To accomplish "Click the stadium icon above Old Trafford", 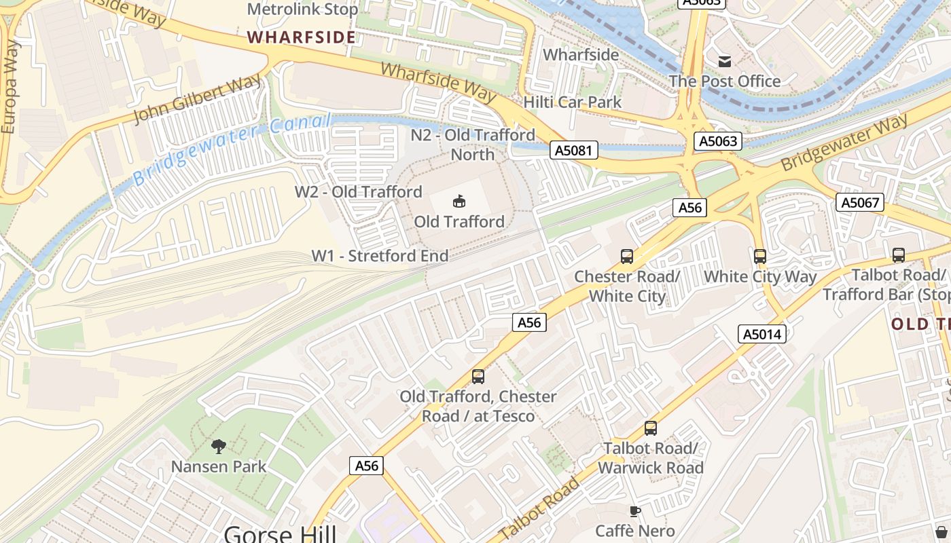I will pos(459,201).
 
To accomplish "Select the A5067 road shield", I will pos(859,202).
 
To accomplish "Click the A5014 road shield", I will pos(762,334).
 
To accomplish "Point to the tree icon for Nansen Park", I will pos(218,446).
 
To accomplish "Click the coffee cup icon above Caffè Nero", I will pos(635,511).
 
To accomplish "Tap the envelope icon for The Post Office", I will pos(725,61).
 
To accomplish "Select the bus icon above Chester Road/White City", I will pos(626,257).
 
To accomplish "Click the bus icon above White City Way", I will pos(759,257).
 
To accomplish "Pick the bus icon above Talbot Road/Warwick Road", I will pos(650,428).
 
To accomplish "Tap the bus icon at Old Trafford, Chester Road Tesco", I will pos(478,377).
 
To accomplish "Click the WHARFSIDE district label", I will pos(301,37).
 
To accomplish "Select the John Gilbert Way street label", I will pos(197,100).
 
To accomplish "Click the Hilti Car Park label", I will pos(572,102).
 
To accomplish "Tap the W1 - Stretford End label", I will pos(380,256).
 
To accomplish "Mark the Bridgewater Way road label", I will pos(844,143).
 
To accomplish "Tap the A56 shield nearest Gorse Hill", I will pos(367,466).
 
